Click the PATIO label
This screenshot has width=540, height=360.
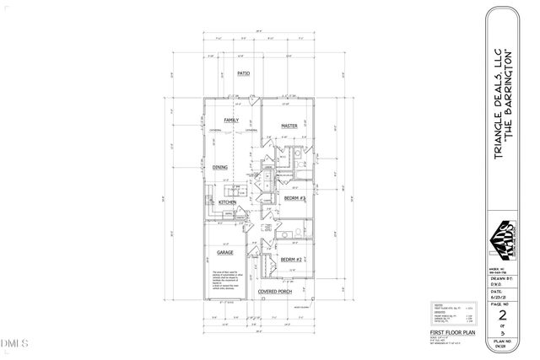tap(245, 74)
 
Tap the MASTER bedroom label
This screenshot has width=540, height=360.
tap(292, 126)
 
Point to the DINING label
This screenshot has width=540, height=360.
tap(220, 167)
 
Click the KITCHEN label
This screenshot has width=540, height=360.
tap(228, 203)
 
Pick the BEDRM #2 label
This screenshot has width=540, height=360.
tap(292, 259)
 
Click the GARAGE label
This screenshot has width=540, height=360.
tap(224, 252)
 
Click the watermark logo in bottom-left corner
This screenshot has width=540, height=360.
tap(15, 344)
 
